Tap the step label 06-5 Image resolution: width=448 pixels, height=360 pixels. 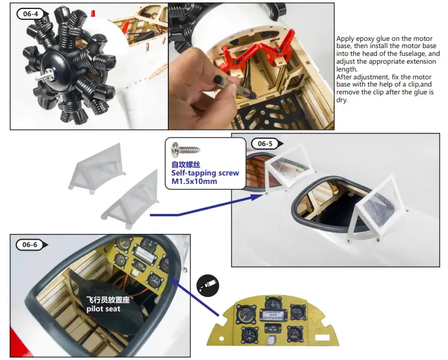click(x=265, y=144)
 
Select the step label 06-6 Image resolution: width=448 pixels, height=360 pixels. click(x=29, y=244)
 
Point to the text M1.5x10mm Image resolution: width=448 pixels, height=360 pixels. click(x=194, y=181)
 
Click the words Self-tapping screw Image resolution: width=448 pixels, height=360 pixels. click(x=205, y=173)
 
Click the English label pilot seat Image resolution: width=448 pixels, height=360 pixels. click(x=103, y=309)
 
